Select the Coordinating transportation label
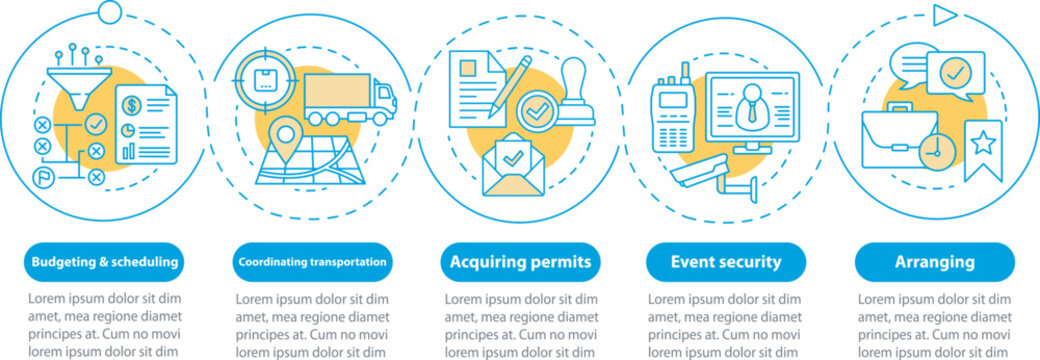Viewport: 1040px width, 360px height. coord(312,263)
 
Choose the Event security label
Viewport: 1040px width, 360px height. coord(726,263)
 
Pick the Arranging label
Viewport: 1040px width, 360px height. coord(935,263)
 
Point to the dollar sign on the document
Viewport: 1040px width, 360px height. coord(133,104)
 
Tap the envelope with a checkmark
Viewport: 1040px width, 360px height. coord(512,164)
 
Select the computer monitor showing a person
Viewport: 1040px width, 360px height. coord(752,110)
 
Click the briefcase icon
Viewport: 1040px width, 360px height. coord(898,139)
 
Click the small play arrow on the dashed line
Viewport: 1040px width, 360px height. coord(945,15)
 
